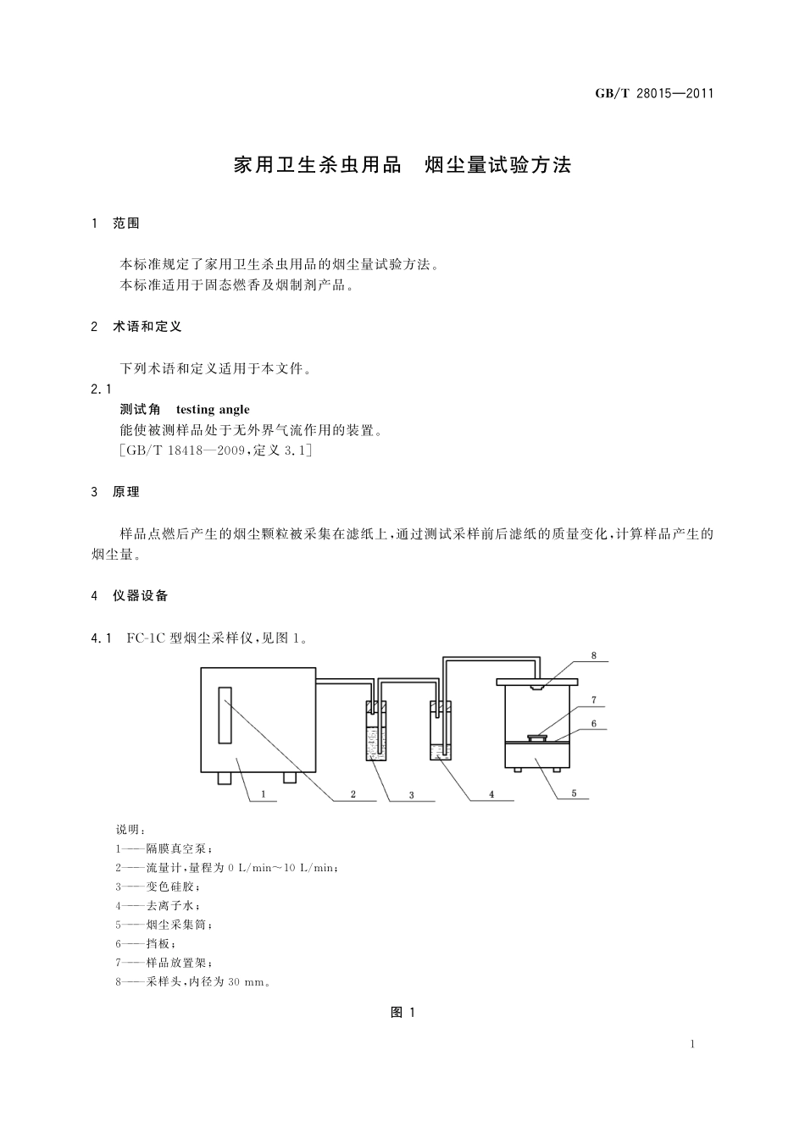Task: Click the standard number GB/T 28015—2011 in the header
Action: click(654, 93)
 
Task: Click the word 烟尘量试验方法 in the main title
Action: click(497, 165)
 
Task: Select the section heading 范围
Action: click(126, 224)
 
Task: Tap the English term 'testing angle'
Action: click(213, 410)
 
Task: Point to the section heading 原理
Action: click(126, 492)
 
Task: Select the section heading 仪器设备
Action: click(141, 596)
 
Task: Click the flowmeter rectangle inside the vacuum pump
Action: click(225, 716)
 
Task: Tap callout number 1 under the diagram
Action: click(264, 794)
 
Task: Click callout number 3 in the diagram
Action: click(411, 795)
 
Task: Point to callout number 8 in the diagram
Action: click(593, 655)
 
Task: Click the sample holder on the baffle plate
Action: click(536, 737)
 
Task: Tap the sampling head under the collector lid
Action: click(536, 687)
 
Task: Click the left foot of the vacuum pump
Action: click(225, 777)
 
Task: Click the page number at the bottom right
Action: click(692, 1044)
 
